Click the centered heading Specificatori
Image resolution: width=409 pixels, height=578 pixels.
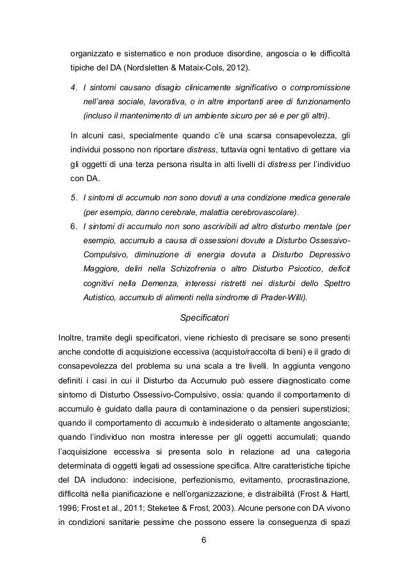click(204, 317)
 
